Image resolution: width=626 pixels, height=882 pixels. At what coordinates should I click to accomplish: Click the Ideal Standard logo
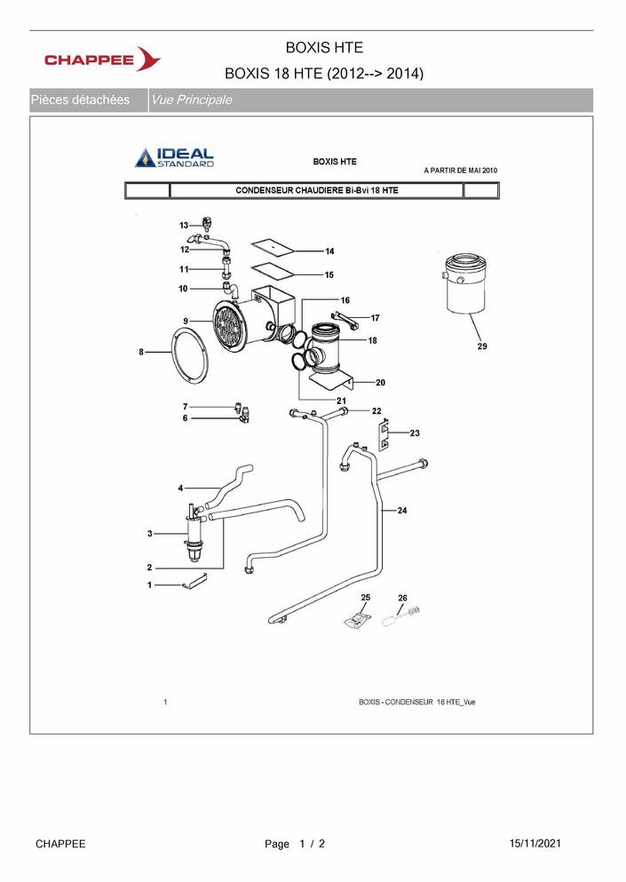(175, 157)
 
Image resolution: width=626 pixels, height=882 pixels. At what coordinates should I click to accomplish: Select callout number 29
(481, 346)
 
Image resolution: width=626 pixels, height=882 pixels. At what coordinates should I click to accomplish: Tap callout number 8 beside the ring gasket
(141, 353)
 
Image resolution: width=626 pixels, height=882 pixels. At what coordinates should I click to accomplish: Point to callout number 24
(402, 511)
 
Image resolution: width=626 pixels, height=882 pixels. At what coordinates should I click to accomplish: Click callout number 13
(184, 226)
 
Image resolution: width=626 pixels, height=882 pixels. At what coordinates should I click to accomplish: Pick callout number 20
(380, 383)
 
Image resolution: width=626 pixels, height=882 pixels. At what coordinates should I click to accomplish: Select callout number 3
(150, 533)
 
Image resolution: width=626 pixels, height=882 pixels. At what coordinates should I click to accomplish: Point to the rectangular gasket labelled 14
(271, 244)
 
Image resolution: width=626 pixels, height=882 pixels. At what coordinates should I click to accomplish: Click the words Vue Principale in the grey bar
(192, 100)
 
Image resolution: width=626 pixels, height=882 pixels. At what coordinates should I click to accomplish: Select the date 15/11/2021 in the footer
(535, 843)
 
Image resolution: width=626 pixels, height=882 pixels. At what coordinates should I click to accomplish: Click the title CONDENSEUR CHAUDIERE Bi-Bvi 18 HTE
(316, 190)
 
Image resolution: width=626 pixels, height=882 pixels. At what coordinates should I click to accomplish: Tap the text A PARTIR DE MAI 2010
(460, 169)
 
